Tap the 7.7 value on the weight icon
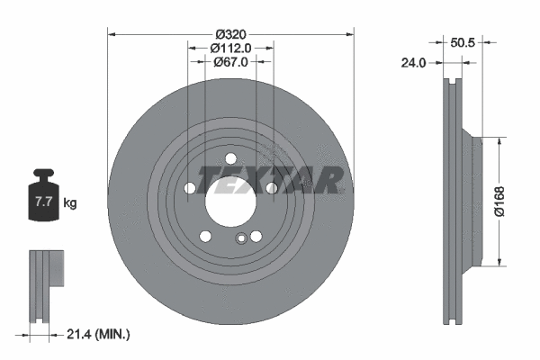[x=43, y=202]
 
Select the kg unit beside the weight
[x=70, y=203]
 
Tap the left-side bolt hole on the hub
[x=190, y=187]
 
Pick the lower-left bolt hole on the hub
[x=205, y=236]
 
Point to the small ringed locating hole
[x=241, y=238]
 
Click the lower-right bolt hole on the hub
[x=257, y=235]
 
